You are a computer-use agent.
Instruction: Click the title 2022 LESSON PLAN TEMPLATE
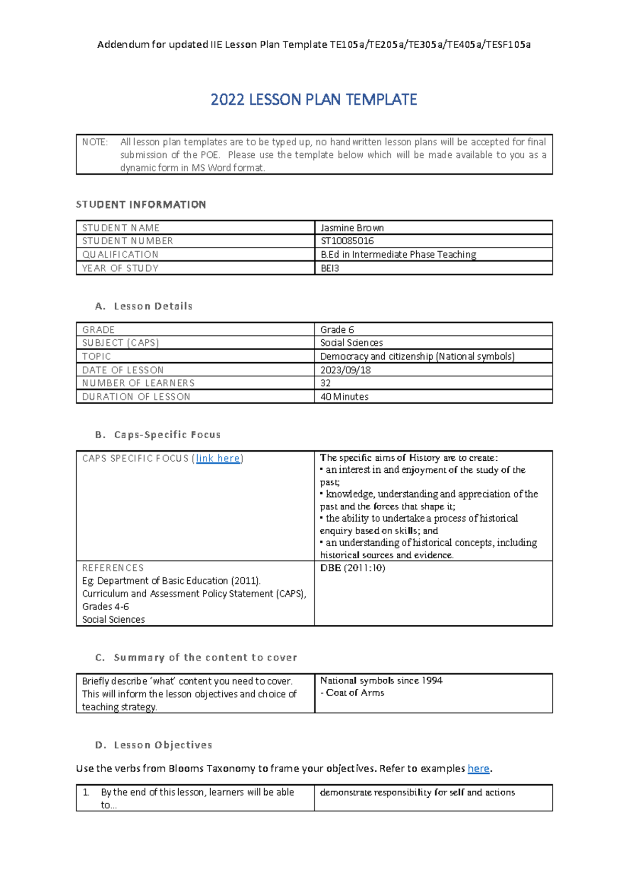313,100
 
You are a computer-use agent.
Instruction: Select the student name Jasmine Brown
352,228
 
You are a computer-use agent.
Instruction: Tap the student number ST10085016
347,241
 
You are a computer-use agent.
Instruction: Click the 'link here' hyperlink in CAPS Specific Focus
218,459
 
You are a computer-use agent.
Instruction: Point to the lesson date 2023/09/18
345,370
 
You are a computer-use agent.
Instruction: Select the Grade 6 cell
337,330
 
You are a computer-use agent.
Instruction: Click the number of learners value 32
326,383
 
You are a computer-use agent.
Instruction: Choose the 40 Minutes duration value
344,397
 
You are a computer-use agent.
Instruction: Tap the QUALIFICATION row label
120,255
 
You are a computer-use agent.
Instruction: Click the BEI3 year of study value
330,268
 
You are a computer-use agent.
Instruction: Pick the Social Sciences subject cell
351,343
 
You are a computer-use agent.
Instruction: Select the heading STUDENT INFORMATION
141,204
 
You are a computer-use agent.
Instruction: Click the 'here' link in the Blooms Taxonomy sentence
478,768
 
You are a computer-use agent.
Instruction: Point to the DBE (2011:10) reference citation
352,568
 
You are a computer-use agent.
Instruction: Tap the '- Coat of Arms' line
352,693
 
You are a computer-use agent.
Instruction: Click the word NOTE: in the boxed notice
95,142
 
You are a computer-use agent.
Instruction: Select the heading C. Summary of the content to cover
196,657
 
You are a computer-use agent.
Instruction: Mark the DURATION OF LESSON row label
136,397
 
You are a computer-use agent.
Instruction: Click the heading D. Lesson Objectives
154,745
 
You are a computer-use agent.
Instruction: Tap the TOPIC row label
96,356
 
